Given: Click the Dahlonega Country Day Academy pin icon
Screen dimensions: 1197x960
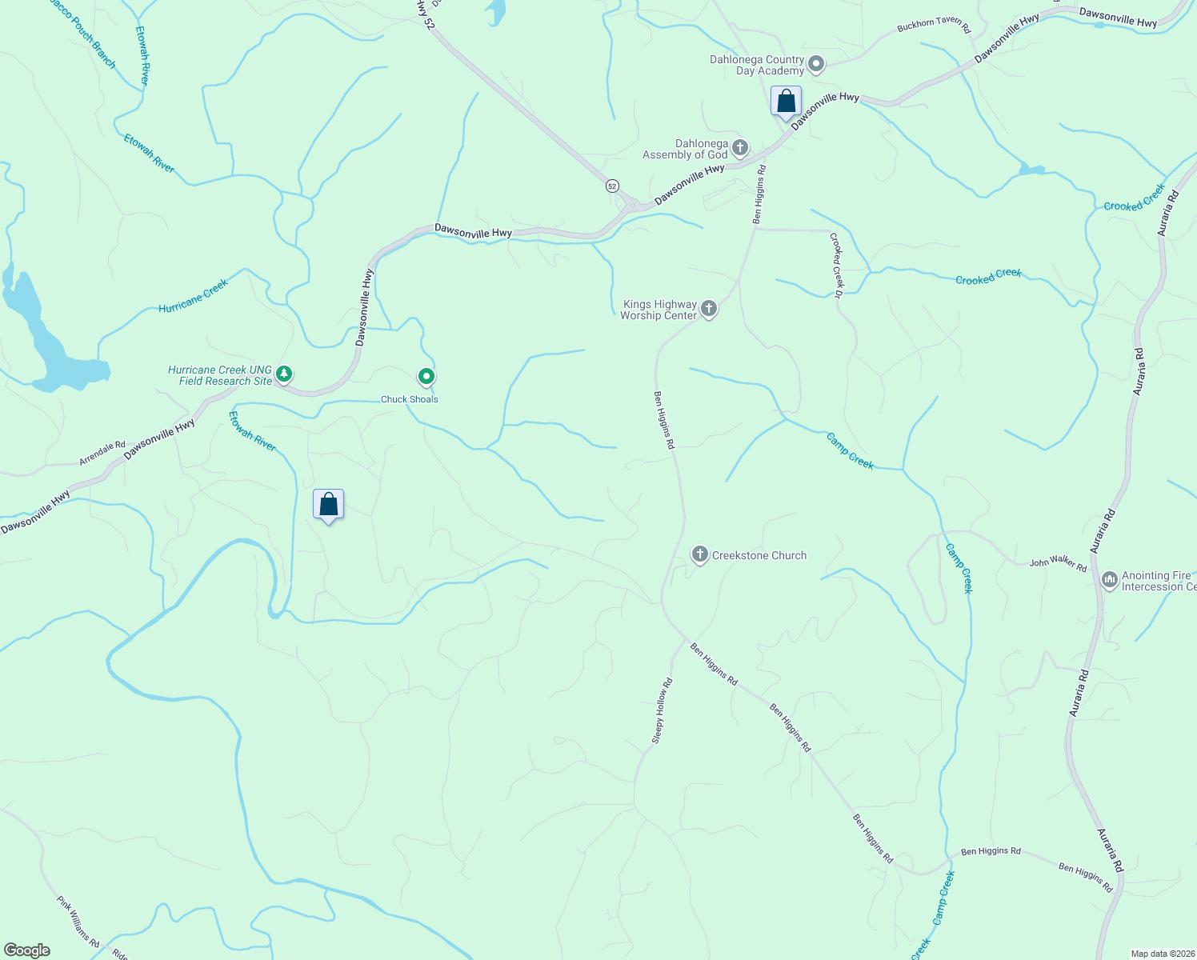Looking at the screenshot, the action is coord(816,64).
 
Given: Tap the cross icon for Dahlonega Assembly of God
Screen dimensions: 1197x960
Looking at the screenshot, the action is coord(740,147).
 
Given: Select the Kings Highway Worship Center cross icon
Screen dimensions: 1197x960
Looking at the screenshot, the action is coord(709,308).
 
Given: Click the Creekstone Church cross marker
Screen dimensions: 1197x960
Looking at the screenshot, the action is coord(700,554).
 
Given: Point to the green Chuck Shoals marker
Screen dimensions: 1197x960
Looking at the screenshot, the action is coord(426,376).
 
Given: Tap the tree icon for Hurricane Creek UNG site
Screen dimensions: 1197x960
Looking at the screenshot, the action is coord(283,374).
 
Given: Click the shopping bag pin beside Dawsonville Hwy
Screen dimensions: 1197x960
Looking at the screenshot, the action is coord(786,102).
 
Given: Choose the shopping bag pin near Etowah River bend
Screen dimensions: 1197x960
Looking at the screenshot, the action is coord(328,505).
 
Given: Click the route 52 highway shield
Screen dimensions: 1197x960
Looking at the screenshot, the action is coord(612,186).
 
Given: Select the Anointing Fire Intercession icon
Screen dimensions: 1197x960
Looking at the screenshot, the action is coord(1109,579).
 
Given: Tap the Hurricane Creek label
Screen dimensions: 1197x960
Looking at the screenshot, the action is coord(193,296).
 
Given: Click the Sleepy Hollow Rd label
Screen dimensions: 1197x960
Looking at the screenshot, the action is coord(663,711).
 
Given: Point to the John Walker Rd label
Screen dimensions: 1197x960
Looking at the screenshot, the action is coord(1058,563).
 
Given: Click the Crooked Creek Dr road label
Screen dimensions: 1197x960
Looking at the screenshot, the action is coord(836,266).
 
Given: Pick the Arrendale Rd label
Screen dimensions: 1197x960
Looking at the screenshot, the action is coord(102,454).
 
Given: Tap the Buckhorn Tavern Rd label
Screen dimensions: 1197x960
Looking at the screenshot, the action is coord(933,26).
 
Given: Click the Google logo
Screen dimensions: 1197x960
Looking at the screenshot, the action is coord(26,950).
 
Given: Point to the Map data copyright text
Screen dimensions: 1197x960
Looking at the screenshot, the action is coord(1162,954).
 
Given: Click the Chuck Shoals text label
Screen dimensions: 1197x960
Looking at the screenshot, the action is coord(409,399).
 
